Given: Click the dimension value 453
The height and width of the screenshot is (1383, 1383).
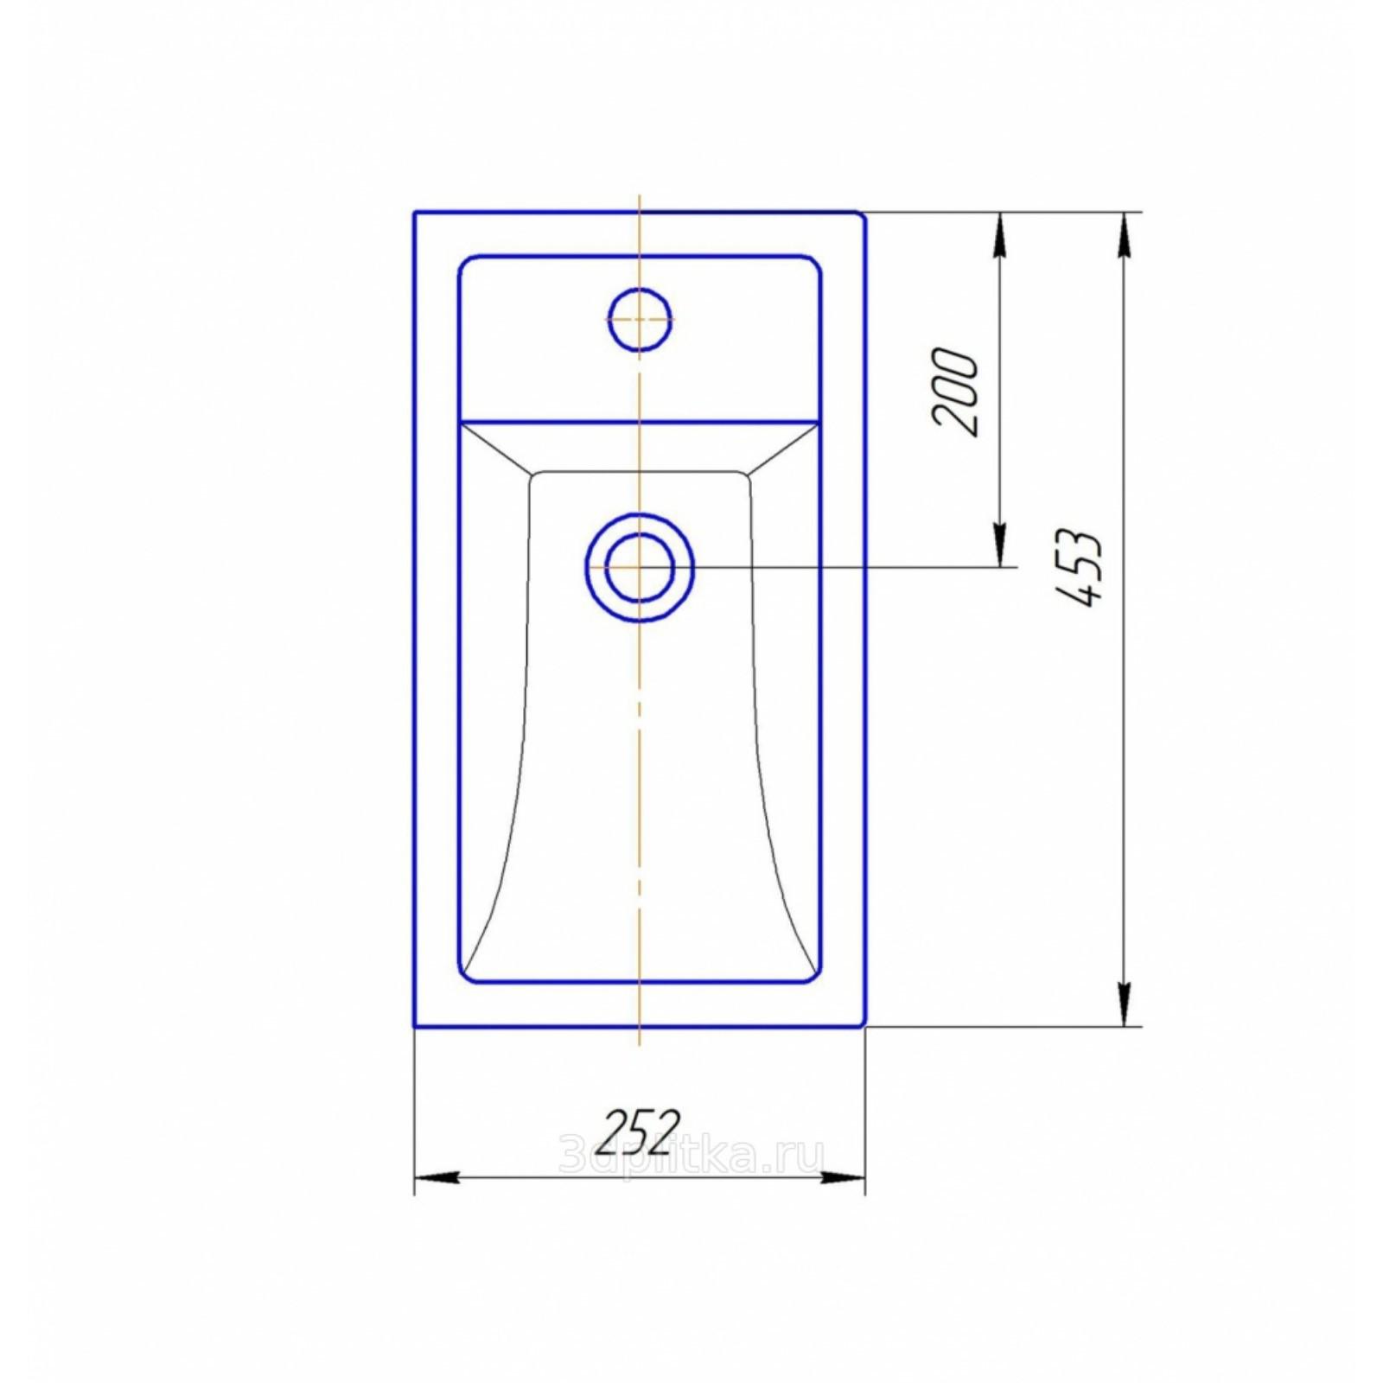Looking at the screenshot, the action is pos(1080,566).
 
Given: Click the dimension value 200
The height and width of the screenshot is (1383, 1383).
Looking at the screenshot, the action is pos(955,392).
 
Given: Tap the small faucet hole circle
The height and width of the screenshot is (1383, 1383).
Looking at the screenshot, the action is pos(640,319).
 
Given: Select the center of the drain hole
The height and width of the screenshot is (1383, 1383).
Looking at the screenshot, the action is pos(640,567).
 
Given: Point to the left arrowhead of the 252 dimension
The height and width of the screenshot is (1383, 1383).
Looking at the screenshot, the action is pos(437,1177).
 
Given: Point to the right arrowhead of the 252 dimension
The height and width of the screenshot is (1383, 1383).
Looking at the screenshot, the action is pos(843,1177).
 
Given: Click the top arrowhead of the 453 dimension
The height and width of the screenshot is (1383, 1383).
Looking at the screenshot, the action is pos(1124,233).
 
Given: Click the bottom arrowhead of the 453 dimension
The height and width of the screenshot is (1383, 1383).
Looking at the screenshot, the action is pos(1124,1004).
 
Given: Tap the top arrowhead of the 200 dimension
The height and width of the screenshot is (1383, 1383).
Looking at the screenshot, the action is pos(1000,233).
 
